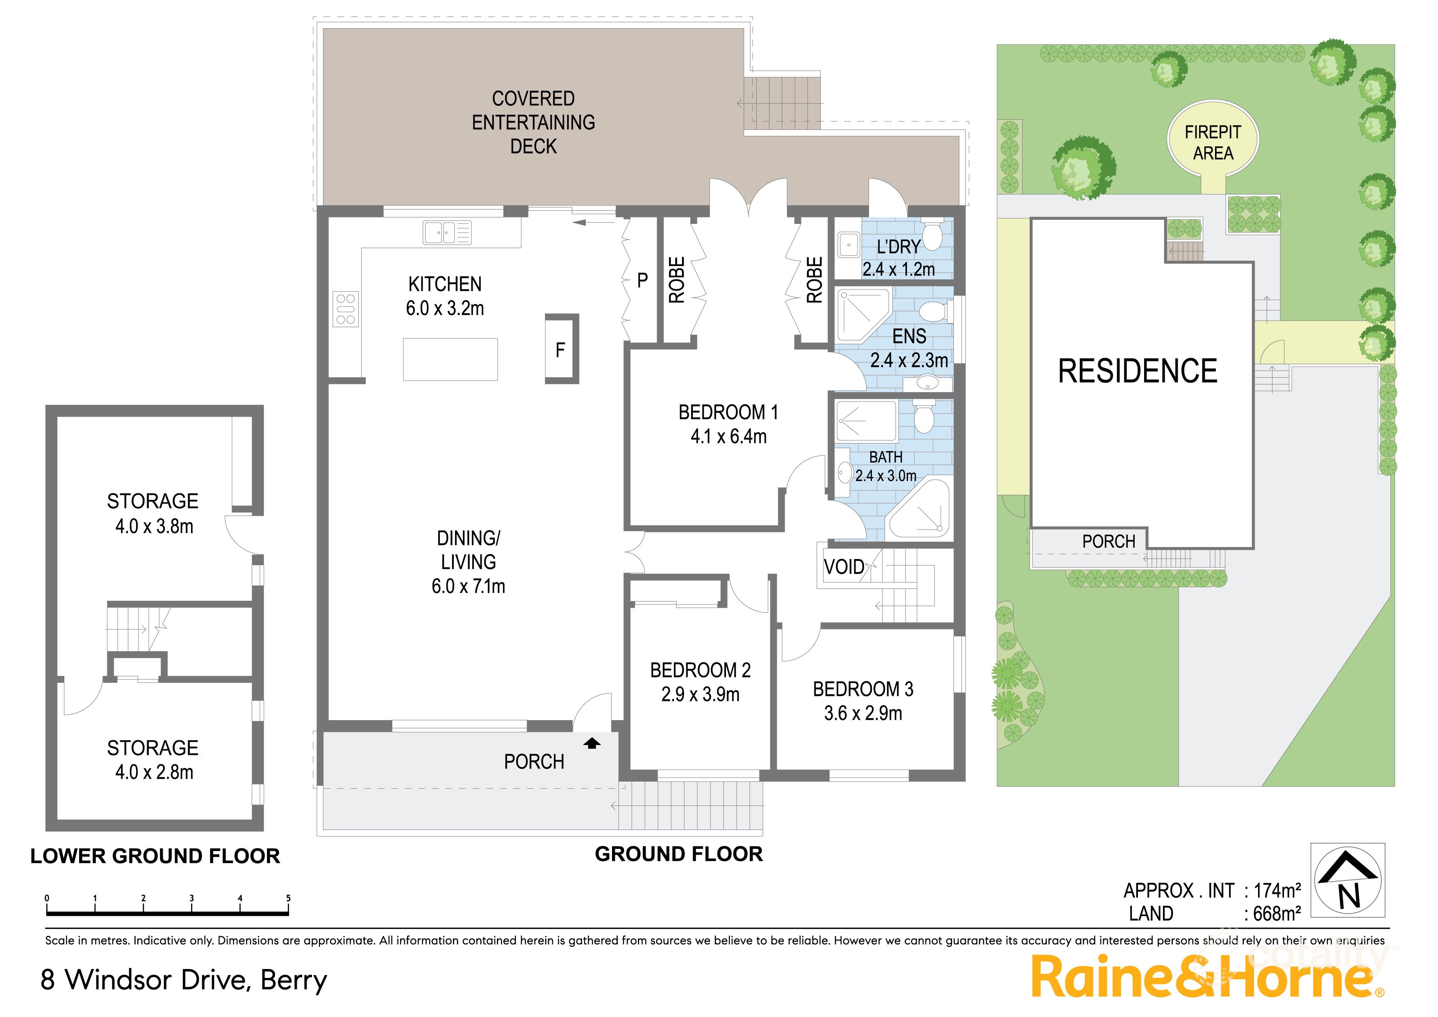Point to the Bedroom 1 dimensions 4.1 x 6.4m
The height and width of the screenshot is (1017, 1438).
click(x=728, y=437)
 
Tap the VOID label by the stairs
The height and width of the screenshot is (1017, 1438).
click(x=844, y=567)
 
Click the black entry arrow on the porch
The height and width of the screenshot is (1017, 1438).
click(x=592, y=744)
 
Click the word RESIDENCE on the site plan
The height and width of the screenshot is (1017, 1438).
click(x=1138, y=371)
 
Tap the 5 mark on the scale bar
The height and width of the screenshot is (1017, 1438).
click(x=288, y=898)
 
